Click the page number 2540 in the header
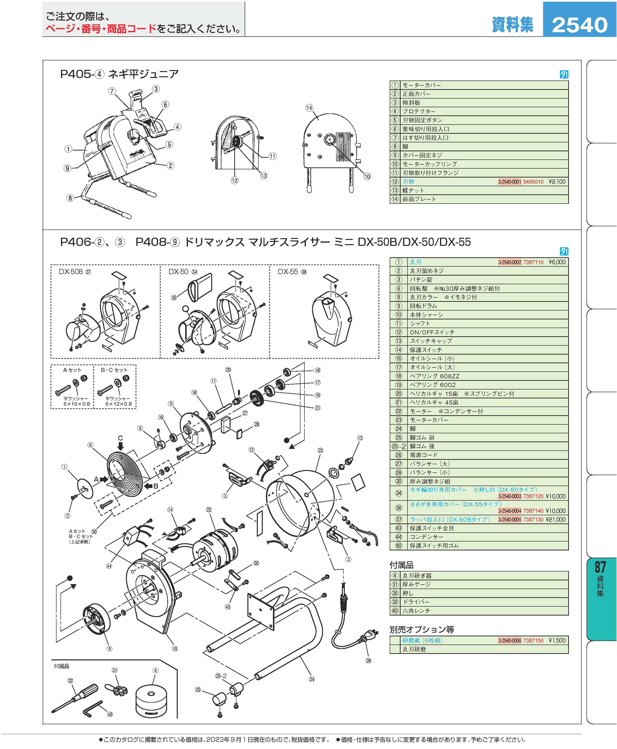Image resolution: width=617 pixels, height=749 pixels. (x=580, y=25)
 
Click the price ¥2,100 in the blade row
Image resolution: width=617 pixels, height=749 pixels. (x=557, y=182)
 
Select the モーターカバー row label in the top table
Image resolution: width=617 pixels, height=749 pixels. (x=421, y=85)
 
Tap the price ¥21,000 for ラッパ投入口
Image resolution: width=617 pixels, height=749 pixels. (x=557, y=519)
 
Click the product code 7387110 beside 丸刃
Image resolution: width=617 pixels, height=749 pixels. (x=533, y=262)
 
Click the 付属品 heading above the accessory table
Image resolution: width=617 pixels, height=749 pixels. (x=402, y=565)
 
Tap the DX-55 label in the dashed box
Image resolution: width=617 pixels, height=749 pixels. (x=288, y=272)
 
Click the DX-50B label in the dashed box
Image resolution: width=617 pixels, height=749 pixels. (x=71, y=272)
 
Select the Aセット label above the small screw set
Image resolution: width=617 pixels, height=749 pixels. (x=72, y=370)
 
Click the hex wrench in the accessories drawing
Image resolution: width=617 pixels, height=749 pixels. (x=93, y=706)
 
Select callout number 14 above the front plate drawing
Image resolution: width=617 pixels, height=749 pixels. (x=309, y=108)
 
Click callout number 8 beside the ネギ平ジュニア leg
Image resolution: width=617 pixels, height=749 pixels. (x=70, y=198)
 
